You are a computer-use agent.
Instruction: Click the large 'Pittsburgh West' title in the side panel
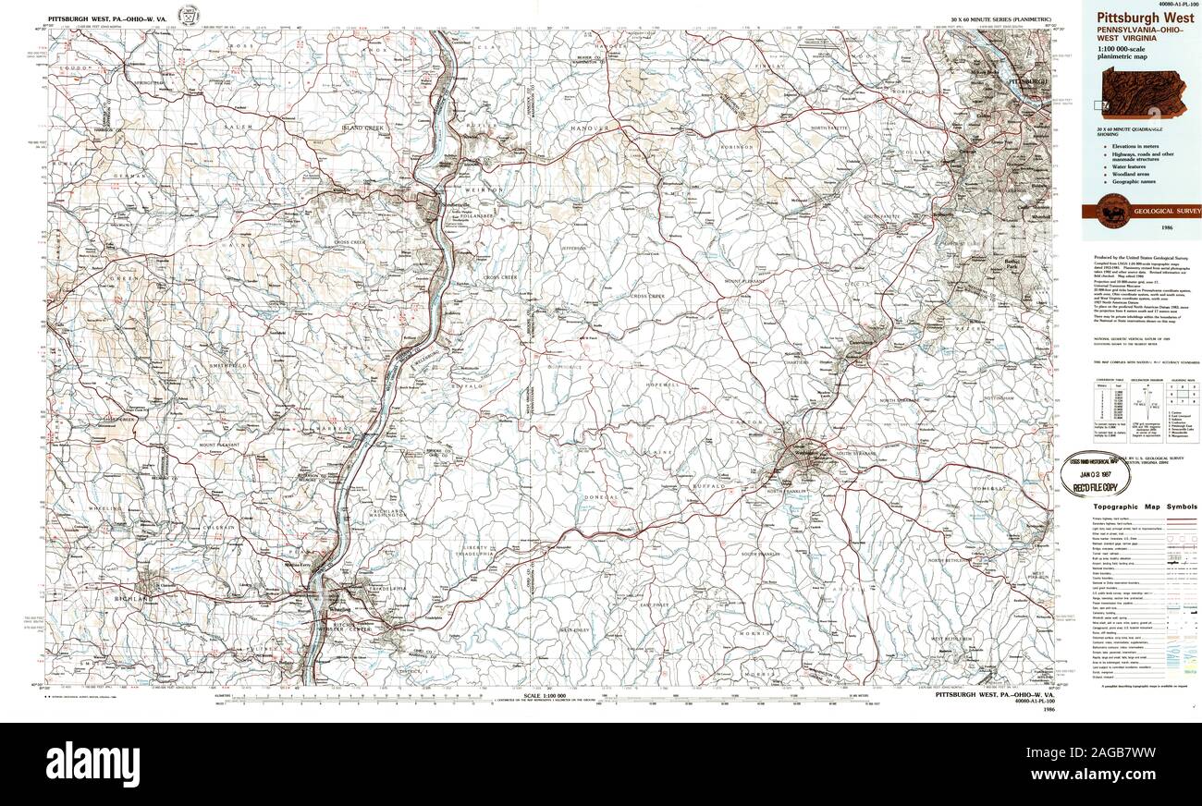click(x=1145, y=18)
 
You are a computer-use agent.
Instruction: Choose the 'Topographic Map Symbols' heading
click(x=1145, y=507)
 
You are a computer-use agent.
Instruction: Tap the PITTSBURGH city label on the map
click(x=1028, y=81)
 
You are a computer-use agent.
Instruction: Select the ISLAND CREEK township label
click(x=362, y=128)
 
